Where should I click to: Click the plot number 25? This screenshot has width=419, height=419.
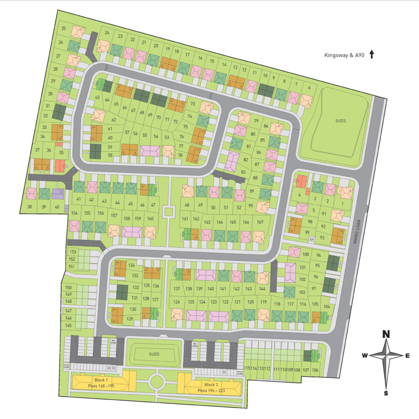tap(64, 29)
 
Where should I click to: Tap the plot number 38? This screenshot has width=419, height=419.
tap(29, 207)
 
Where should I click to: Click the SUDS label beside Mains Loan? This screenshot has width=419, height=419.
tap(340, 121)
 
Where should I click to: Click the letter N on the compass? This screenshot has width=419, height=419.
tap(386, 334)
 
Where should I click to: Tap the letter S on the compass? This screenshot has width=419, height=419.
tap(386, 393)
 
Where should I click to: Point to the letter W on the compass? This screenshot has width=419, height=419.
tap(364, 356)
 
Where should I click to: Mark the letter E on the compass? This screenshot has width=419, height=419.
tap(408, 356)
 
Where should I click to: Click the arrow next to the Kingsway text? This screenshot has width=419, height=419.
tap(372, 54)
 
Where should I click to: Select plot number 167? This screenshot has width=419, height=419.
tap(260, 222)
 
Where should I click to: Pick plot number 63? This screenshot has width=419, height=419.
tap(97, 97)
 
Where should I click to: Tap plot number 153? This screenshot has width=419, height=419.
tap(72, 252)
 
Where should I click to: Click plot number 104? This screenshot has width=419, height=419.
tap(326, 306)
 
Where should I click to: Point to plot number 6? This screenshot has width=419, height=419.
tap(309, 88)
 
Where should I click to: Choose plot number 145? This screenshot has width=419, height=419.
tap(68, 325)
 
